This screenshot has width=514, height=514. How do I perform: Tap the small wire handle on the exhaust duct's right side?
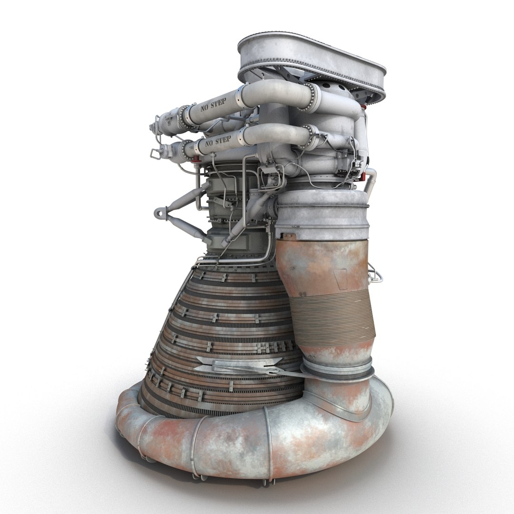376,275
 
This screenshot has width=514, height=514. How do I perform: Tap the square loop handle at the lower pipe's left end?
155,153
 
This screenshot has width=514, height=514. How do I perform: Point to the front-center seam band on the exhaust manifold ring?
269,443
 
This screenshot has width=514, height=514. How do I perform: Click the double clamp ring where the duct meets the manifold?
337,367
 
